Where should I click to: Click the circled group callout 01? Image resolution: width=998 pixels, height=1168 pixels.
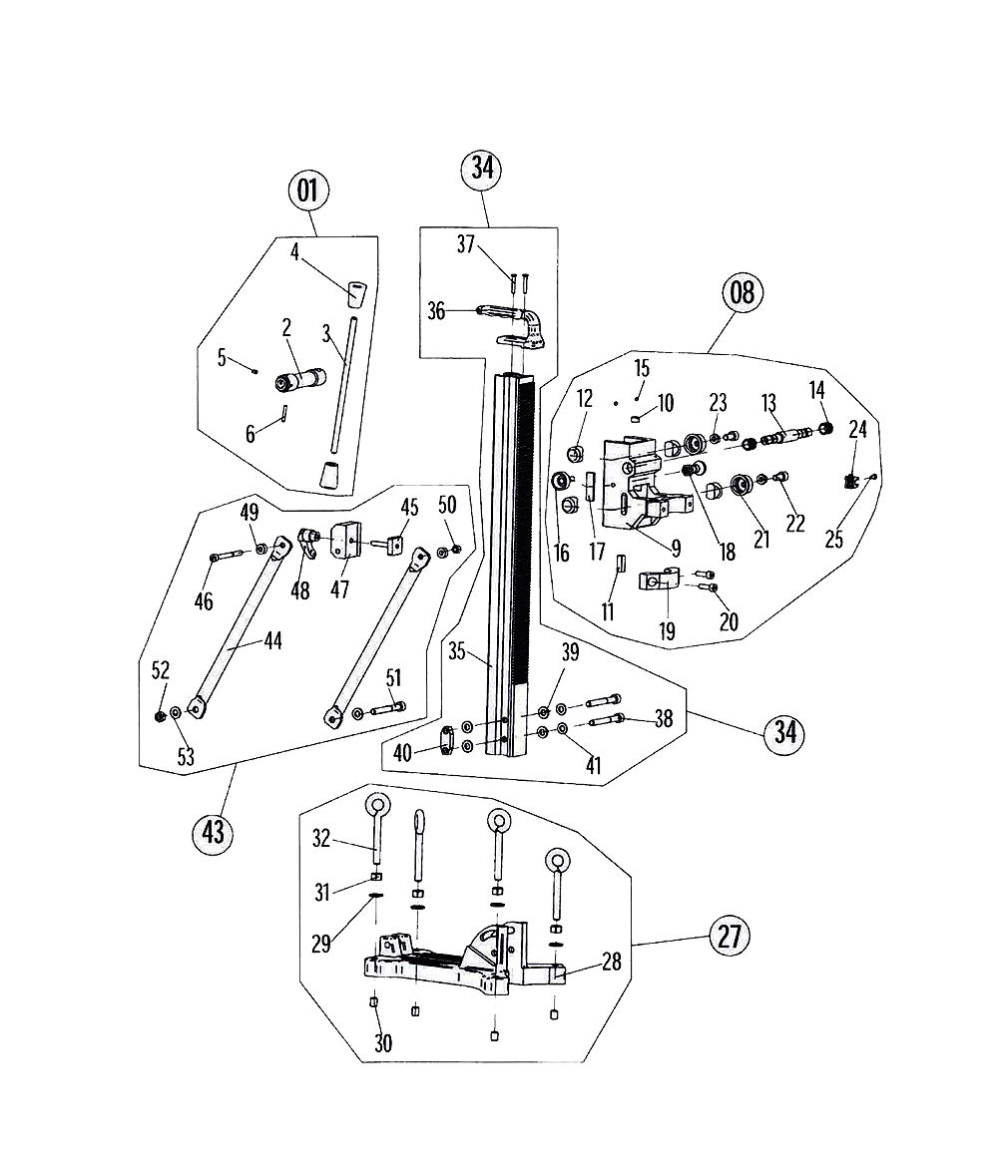[308, 190]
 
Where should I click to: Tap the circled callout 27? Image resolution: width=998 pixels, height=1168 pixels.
[728, 938]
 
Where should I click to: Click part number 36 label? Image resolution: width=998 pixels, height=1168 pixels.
[436, 311]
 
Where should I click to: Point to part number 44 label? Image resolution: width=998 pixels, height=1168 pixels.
[271, 640]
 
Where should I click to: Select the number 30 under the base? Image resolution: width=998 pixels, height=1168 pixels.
[383, 1043]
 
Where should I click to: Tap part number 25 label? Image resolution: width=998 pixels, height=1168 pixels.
[834, 540]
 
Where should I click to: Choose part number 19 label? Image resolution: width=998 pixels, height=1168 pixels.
[667, 630]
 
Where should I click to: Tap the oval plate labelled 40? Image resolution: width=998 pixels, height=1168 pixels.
[451, 739]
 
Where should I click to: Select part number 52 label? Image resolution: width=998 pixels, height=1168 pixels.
[161, 669]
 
